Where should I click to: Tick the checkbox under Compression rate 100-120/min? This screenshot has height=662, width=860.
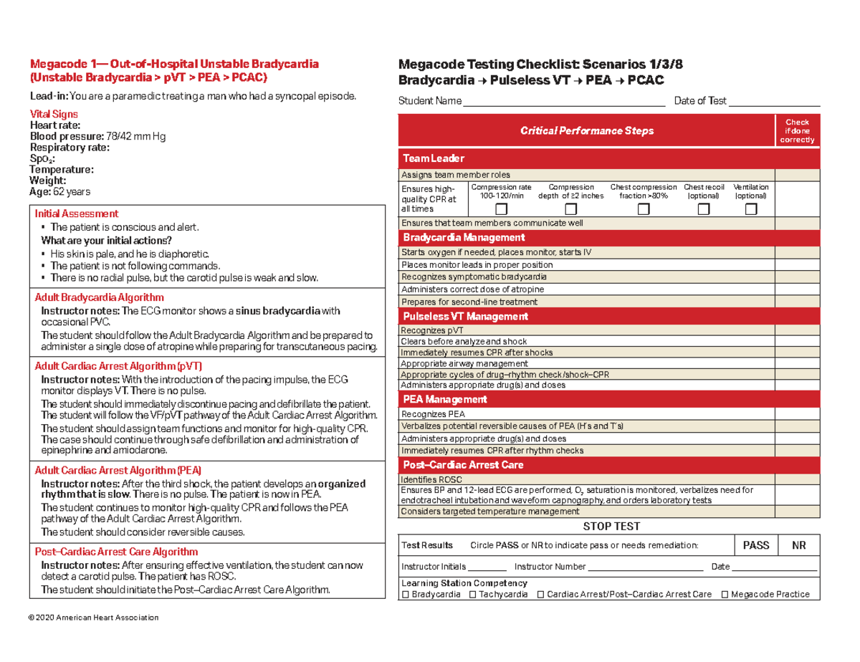501,209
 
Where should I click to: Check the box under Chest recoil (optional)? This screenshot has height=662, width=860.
704,209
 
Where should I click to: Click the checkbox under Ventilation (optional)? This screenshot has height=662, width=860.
750,209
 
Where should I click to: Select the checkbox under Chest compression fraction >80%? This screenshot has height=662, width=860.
644,209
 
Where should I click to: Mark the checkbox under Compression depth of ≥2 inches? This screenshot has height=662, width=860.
570,209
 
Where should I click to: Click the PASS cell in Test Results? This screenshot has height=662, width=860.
755,545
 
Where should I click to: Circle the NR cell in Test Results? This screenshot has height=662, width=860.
798,545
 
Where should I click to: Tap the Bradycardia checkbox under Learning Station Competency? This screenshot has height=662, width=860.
406,595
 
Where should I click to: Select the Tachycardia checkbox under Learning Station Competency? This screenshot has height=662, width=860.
473,595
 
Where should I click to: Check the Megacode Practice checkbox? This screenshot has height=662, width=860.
725,595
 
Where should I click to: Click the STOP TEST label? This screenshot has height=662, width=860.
611,526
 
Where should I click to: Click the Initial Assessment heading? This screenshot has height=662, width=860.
77,214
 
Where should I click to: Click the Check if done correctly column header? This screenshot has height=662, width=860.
797,131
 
